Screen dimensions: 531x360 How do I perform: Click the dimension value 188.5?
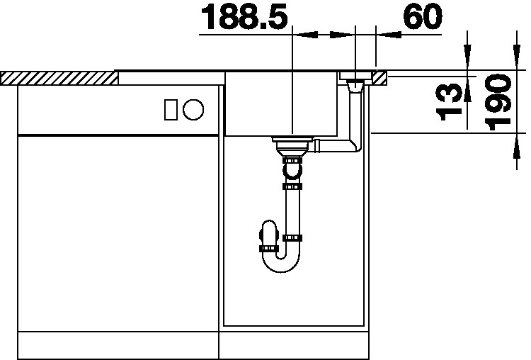(244, 16)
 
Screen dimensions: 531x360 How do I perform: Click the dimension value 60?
(423, 16)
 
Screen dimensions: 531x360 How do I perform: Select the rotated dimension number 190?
(498, 102)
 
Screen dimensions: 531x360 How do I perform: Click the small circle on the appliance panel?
(193, 110)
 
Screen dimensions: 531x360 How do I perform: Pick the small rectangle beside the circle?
(171, 110)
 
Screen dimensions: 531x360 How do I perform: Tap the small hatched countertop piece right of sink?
(380, 78)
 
